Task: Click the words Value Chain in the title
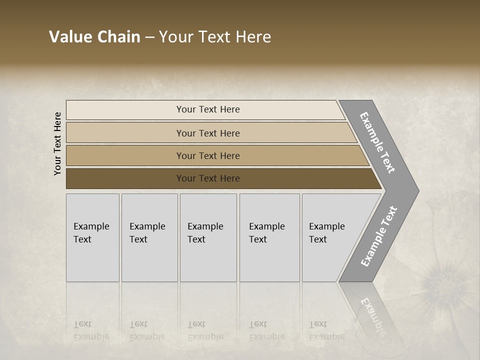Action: [x=94, y=37]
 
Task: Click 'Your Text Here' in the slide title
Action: [x=215, y=37]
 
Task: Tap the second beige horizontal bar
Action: [x=207, y=133]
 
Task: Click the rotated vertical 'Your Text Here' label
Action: [x=57, y=143]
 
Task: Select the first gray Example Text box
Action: [x=92, y=237]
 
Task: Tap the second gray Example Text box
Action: [x=149, y=237]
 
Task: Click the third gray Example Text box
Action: [x=207, y=237]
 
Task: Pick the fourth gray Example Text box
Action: [x=269, y=237]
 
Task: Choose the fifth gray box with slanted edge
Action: [x=330, y=237]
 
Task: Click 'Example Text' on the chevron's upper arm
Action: [x=377, y=142]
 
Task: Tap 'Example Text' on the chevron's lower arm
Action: [x=379, y=236]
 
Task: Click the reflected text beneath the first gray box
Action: [x=91, y=330]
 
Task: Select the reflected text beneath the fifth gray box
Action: [x=326, y=330]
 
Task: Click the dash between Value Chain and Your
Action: [x=149, y=38]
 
